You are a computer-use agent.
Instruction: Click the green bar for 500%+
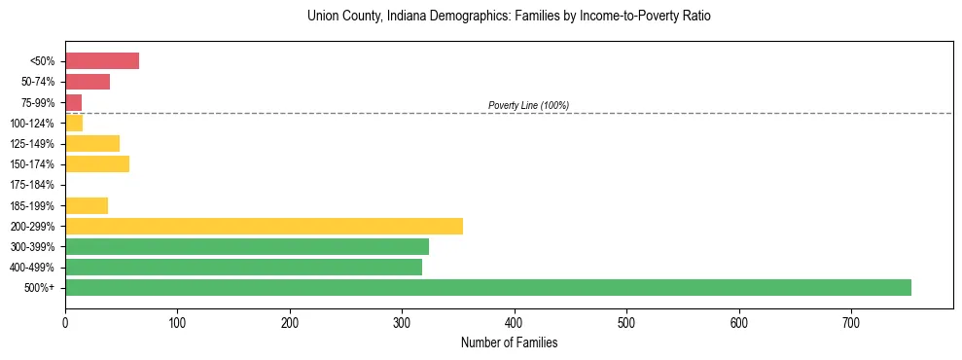[x=487, y=287]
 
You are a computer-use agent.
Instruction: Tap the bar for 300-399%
[x=247, y=246]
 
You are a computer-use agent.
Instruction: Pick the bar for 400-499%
[x=243, y=267]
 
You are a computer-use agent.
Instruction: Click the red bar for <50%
[x=102, y=61]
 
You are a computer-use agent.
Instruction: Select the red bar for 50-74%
[x=88, y=82]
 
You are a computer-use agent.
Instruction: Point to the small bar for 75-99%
[x=73, y=102]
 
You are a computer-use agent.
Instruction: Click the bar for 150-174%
[x=97, y=163]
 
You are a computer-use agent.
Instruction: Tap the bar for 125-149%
[x=92, y=143]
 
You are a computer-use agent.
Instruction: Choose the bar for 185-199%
[x=87, y=205]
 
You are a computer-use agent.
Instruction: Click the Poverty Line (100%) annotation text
[x=528, y=105]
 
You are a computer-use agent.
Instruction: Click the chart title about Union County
[x=509, y=17]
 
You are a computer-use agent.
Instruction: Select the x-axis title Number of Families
[x=509, y=343]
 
